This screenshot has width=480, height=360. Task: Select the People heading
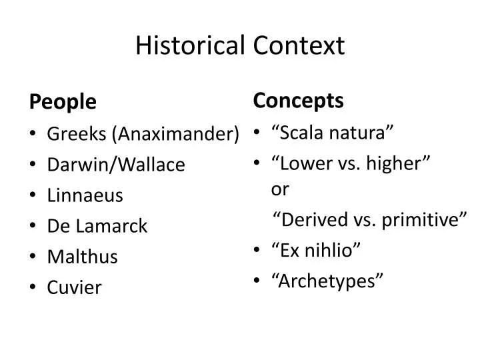(x=63, y=102)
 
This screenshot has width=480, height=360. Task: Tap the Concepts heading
(x=298, y=101)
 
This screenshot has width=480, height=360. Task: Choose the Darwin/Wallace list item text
(x=116, y=165)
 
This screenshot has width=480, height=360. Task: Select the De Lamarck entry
(x=97, y=226)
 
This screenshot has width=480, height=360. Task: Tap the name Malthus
(x=82, y=257)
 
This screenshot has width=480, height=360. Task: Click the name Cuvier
(x=74, y=287)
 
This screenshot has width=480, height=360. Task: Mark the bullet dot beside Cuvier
(x=33, y=288)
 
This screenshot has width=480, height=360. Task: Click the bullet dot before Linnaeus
(x=33, y=196)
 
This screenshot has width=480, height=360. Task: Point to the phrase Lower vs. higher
(x=351, y=163)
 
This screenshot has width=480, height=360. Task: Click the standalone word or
(x=280, y=189)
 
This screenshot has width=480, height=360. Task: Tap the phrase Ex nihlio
(x=316, y=250)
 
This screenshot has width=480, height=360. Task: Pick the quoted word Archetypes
(x=327, y=281)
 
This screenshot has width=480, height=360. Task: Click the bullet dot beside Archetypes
(x=257, y=281)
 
